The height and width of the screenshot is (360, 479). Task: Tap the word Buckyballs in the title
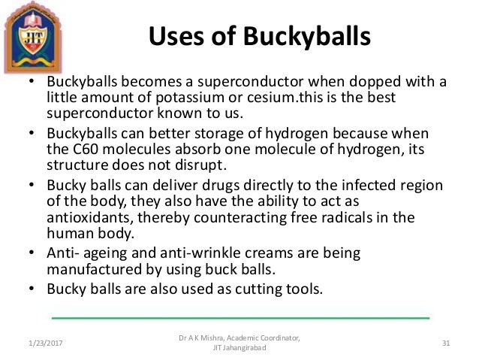pyautogui.click(x=294, y=35)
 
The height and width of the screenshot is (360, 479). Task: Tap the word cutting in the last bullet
pyautogui.click(x=258, y=289)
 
